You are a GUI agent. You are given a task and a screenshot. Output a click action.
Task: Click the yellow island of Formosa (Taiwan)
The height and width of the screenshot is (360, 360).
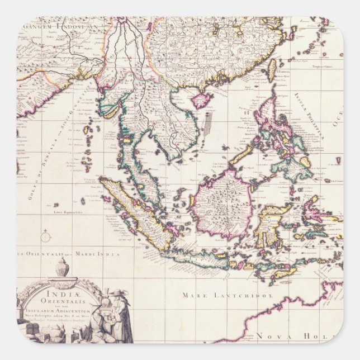pyautogui.click(x=273, y=70)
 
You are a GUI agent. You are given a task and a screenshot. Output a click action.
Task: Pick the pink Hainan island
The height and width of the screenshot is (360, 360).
pyautogui.click(x=201, y=101)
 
